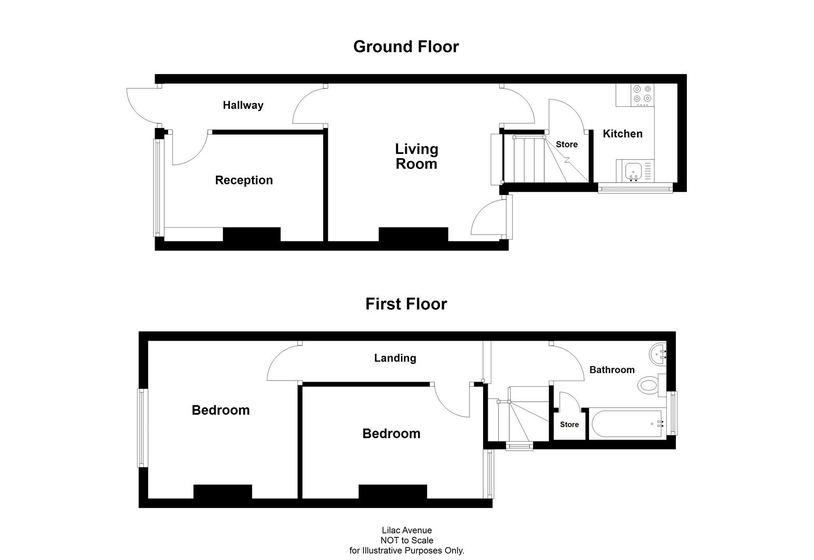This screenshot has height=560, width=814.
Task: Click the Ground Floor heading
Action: tap(406, 47)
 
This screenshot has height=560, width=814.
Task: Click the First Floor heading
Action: tap(406, 304)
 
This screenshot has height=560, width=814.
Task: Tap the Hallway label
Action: tap(243, 105)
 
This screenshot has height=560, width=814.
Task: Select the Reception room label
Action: tap(244, 180)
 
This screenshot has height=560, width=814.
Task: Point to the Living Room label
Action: tap(416, 157)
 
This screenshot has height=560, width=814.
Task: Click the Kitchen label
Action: tap(622, 134)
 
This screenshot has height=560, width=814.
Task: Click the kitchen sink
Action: tap(633, 171)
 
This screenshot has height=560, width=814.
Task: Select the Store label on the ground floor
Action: tap(567, 145)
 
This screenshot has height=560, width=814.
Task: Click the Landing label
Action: tap(395, 358)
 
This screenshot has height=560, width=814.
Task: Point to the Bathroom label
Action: tap(612, 370)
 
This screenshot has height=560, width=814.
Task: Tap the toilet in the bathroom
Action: tap(649, 385)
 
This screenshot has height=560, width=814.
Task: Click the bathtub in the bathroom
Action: tap(625, 424)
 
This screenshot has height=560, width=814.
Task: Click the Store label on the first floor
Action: tap(569, 425)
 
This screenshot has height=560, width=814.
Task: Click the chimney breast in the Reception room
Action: tap(252, 234)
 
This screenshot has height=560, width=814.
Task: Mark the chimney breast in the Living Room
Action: tap(413, 234)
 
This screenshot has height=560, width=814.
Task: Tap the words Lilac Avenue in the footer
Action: tap(407, 530)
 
